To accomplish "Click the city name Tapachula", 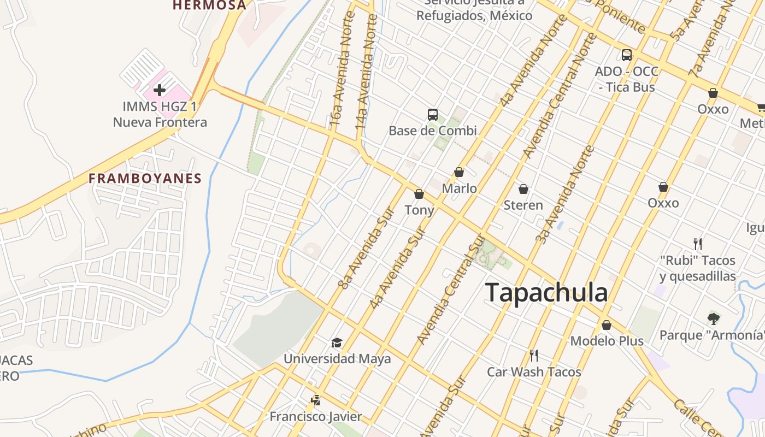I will point(546,292).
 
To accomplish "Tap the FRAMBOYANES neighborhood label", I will point(145,178).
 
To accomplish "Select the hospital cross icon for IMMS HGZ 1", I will point(160,90).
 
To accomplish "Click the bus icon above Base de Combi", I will point(433,115).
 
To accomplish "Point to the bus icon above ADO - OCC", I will point(627,55).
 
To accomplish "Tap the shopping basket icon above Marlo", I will point(459,172).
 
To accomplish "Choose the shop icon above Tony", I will point(419,194).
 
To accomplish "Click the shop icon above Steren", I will point(523,189).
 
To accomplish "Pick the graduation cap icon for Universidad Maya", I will point(337,342).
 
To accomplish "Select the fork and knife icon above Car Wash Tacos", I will point(534,356).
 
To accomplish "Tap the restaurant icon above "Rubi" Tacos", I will point(697,244).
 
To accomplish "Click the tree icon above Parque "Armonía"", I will point(713,318).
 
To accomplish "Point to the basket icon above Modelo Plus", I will point(607,325).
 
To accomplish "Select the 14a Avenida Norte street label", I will point(367,71).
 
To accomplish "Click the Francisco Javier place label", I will point(315,417).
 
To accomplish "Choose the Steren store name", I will point(523,205).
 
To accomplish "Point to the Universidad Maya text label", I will point(337,359).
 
